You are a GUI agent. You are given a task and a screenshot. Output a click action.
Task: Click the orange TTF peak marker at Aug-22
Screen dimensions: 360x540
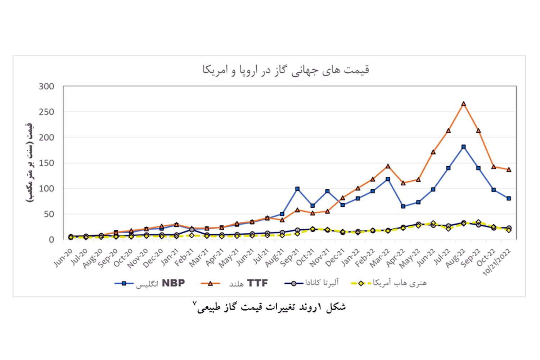point(463,104)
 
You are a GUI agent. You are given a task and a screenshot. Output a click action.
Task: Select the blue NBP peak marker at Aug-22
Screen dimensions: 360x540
point(463,147)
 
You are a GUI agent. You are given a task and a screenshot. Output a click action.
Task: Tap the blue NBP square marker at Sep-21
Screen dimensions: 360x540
point(297,189)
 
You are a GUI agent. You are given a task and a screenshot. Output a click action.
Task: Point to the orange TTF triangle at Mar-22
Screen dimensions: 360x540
point(388,166)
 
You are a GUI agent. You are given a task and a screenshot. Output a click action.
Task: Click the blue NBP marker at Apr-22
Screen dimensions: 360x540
point(403,206)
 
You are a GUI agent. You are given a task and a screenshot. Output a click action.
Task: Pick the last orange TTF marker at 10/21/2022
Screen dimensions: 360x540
point(509,170)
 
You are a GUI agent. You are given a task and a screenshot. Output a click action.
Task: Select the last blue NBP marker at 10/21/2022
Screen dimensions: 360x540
point(509,198)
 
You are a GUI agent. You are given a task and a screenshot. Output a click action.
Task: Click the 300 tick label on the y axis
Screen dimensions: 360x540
point(46,86)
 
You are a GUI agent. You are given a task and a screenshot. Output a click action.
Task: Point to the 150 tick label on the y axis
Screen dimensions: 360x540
point(46,163)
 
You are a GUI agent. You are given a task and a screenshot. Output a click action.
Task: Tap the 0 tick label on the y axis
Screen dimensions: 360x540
point(51,240)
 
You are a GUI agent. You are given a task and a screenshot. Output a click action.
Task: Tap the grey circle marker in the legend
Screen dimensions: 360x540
point(293,283)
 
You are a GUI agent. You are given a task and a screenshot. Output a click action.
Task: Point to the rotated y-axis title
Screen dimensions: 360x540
point(30,163)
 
